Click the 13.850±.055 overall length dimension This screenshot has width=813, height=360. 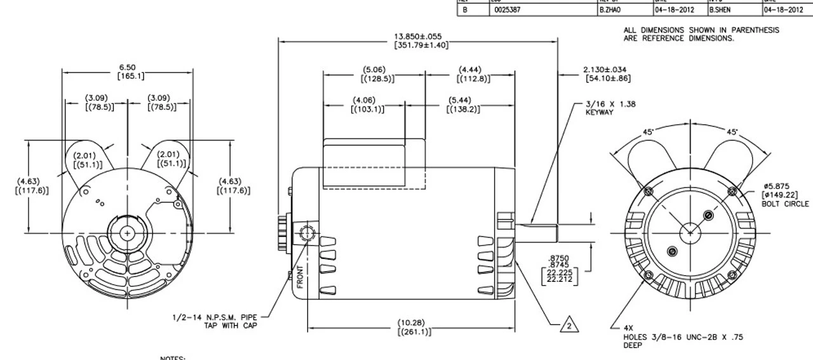pyautogui.click(x=418, y=41)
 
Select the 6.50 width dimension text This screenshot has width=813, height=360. pyautogui.click(x=127, y=72)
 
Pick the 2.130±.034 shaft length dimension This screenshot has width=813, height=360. pyautogui.click(x=607, y=74)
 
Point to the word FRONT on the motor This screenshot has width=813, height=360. pyautogui.click(x=300, y=276)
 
